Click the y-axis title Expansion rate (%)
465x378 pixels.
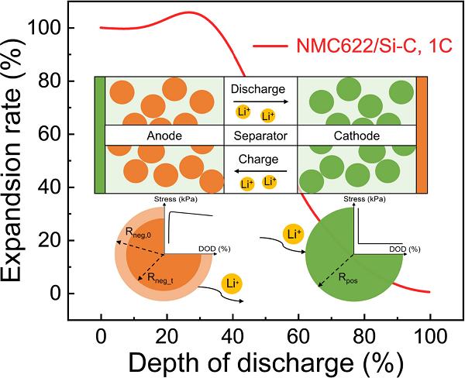click(x=17, y=159)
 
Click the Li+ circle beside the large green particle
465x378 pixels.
click(x=293, y=234)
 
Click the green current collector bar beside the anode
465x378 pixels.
click(x=98, y=135)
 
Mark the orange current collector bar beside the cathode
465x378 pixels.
click(x=422, y=135)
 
